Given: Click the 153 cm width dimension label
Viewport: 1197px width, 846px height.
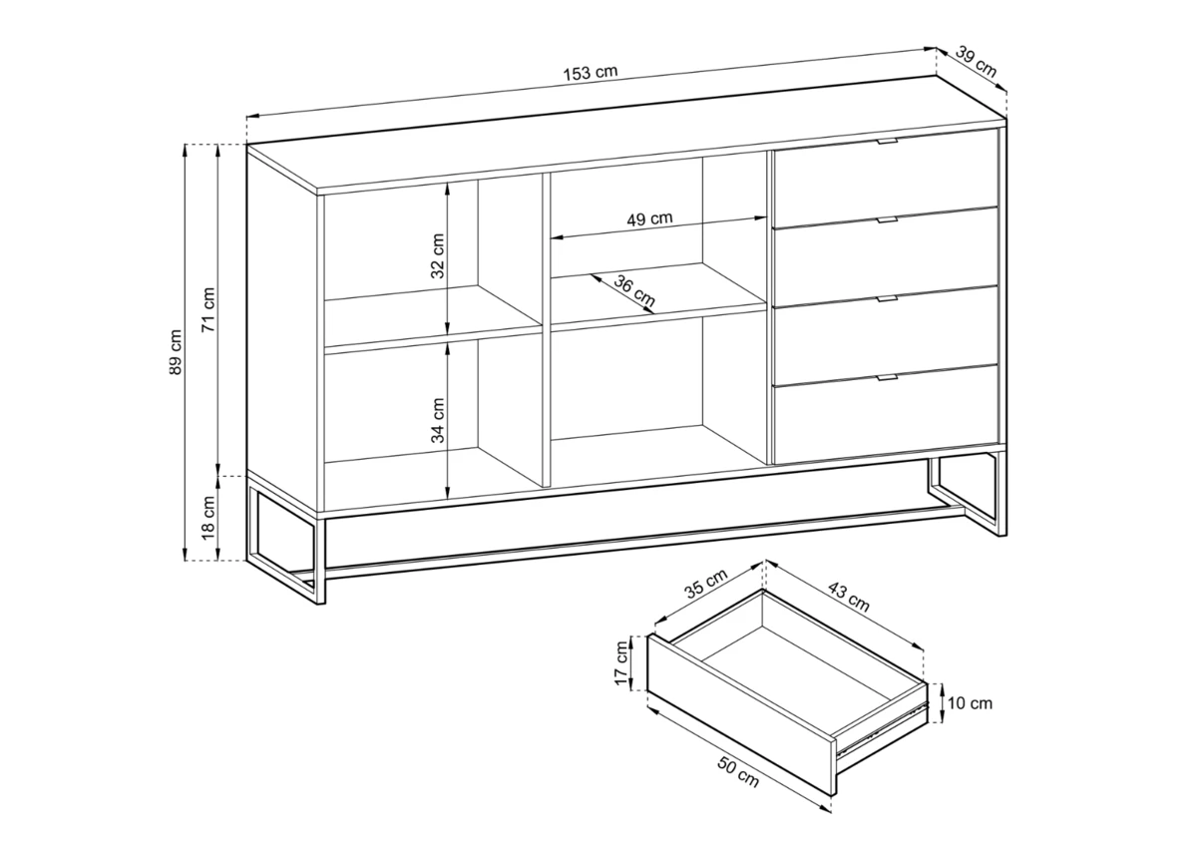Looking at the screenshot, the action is pos(591,73).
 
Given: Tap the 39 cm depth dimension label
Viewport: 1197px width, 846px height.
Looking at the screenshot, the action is pos(976,62).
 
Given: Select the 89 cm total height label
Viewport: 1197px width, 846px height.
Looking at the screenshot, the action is pos(176,352).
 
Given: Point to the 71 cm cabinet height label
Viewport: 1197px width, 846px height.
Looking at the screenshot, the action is pos(208,309).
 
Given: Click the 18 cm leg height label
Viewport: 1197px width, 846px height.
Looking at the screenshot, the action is pos(208,517).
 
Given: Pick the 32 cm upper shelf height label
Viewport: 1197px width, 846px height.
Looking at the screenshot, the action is pos(438,255).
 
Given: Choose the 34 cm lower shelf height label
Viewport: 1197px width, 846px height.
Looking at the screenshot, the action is pos(438,420).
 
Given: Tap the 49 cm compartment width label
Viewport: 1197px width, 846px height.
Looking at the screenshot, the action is pos(649,218).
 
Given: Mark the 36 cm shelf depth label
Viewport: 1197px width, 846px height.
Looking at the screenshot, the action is pos(634,290).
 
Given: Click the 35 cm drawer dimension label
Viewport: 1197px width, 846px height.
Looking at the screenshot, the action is pos(706,583).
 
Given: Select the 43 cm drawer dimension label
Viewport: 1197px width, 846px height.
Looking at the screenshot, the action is pos(849,596).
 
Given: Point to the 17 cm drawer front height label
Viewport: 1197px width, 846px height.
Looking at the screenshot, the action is pos(620,663).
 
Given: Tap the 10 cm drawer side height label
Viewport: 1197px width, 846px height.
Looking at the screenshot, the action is pos(970,703).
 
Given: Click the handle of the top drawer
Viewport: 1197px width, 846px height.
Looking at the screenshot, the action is pos(888,141).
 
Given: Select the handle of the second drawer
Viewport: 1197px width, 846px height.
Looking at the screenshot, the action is pos(888,219).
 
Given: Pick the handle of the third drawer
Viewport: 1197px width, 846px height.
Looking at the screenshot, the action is pos(888,298).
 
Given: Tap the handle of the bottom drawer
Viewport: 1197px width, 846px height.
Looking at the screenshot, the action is pos(888,377).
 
